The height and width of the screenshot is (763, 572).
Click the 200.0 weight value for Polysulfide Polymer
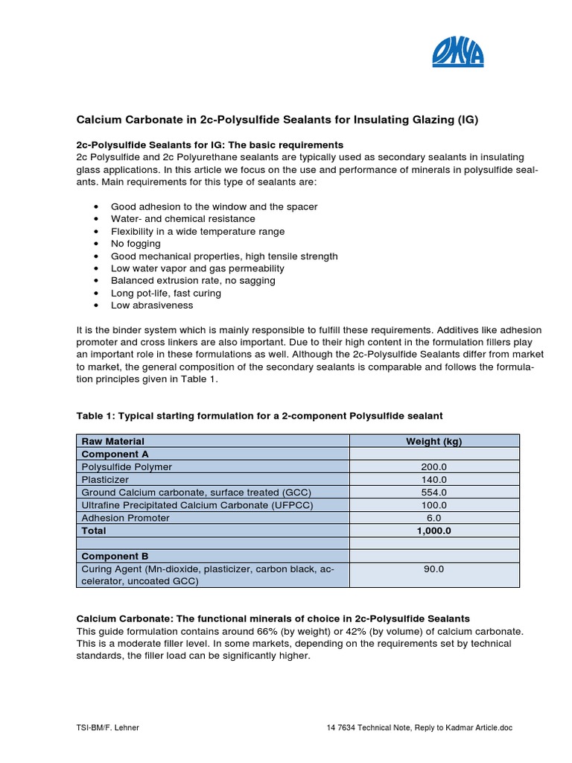point(433,467)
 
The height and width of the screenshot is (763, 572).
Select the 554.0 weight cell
point(433,493)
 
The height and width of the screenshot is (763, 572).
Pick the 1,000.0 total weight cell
point(433,531)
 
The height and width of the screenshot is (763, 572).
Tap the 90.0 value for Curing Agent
point(433,569)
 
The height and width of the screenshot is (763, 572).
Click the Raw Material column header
point(113,441)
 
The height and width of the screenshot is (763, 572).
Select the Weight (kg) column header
point(433,441)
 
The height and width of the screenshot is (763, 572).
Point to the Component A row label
point(115,454)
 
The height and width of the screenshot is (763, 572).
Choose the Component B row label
point(115,557)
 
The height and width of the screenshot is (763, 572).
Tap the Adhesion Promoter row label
point(125,518)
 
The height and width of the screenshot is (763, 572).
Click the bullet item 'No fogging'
point(136,244)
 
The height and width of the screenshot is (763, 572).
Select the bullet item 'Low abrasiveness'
point(152,305)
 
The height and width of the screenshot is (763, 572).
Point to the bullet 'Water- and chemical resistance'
point(182,219)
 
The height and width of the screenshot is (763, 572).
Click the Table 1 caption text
point(260,415)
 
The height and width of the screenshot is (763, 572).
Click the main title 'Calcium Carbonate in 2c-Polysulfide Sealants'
point(278,119)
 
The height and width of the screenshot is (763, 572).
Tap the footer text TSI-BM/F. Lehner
point(107,728)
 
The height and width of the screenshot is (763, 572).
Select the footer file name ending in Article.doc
point(419,728)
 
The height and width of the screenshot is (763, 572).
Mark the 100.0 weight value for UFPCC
point(433,505)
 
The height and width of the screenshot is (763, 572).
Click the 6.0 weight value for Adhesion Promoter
point(433,518)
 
